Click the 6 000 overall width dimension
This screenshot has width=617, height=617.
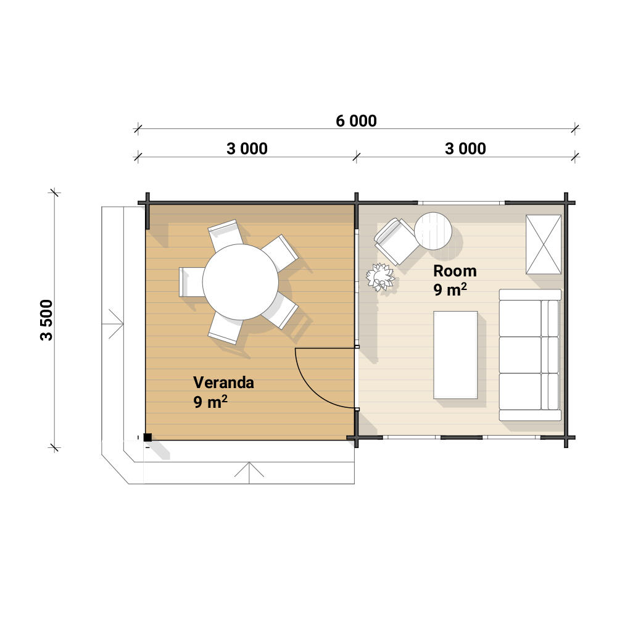click(356, 121)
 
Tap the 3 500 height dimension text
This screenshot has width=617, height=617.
click(46, 320)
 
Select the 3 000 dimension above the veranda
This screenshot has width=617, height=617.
click(247, 149)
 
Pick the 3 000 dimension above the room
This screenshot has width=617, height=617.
click(465, 149)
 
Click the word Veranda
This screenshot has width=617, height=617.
click(223, 383)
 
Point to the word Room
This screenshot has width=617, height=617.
click(455, 271)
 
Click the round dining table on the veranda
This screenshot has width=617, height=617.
click(241, 282)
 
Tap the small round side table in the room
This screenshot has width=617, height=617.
click(433, 231)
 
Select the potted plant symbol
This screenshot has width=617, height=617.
click(380, 277)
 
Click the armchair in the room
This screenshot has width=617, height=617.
click(396, 241)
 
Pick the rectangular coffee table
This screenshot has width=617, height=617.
click(455, 355)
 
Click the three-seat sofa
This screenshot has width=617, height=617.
click(529, 355)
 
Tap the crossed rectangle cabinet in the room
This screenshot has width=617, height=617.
click(544, 244)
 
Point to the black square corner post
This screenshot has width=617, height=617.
click(147, 437)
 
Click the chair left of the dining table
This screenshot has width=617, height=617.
click(192, 282)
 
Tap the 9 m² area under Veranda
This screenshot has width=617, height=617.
click(210, 402)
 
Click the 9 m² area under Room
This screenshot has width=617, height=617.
click(450, 289)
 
